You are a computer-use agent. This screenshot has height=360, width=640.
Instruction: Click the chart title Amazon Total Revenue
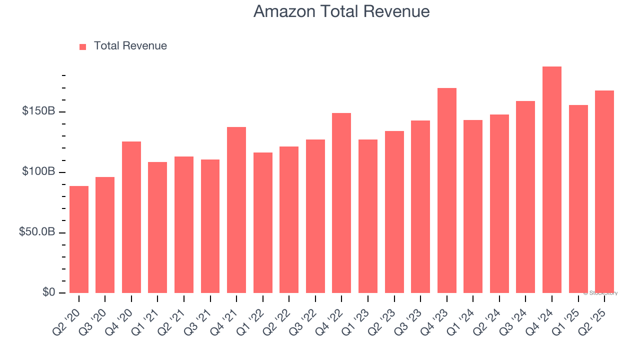pyautogui.click(x=341, y=11)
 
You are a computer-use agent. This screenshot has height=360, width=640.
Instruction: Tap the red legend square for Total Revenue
pyautogui.click(x=83, y=46)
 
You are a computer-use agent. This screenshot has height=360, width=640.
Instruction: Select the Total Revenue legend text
pyautogui.click(x=130, y=46)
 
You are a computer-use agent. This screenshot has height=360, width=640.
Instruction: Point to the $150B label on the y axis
pyautogui.click(x=38, y=111)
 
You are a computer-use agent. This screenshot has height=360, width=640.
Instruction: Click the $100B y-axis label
pyautogui.click(x=38, y=171)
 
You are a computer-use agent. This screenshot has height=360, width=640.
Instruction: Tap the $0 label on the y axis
pyautogui.click(x=48, y=292)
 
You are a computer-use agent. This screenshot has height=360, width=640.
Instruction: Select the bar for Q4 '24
pyautogui.click(x=552, y=180)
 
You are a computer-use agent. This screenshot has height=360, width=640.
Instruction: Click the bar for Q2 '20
pyautogui.click(x=79, y=240)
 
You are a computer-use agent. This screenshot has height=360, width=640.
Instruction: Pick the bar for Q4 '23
pyautogui.click(x=447, y=190)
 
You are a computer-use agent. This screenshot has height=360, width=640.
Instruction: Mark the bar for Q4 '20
pyautogui.click(x=131, y=217)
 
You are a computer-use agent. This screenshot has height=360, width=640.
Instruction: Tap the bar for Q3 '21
pyautogui.click(x=210, y=226)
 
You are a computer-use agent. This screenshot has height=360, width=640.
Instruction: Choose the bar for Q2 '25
pyautogui.click(x=604, y=192)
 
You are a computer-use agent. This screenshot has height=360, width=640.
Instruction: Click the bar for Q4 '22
pyautogui.click(x=341, y=203)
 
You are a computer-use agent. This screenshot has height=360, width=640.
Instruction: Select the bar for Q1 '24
pyautogui.click(x=473, y=206)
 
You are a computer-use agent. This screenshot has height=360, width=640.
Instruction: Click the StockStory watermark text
pyautogui.click(x=600, y=293)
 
